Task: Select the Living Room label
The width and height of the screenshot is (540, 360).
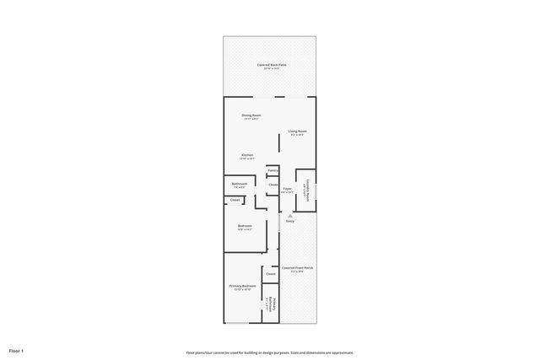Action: (297, 131)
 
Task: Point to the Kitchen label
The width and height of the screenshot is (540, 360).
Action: (248, 154)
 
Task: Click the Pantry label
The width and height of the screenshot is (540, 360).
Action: (273, 170)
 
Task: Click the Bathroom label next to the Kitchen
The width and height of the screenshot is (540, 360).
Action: (240, 184)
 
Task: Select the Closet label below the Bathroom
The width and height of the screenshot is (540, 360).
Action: (235, 200)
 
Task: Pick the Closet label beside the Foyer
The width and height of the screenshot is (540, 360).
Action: (273, 185)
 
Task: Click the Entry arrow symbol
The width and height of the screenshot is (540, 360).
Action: (289, 216)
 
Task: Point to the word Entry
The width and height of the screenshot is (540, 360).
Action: (289, 222)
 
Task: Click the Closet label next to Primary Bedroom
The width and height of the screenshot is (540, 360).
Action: (271, 274)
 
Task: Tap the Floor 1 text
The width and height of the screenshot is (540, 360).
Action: (17, 350)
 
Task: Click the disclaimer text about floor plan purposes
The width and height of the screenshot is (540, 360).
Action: (269, 352)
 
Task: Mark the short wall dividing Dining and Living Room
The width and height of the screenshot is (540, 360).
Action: (280, 142)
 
